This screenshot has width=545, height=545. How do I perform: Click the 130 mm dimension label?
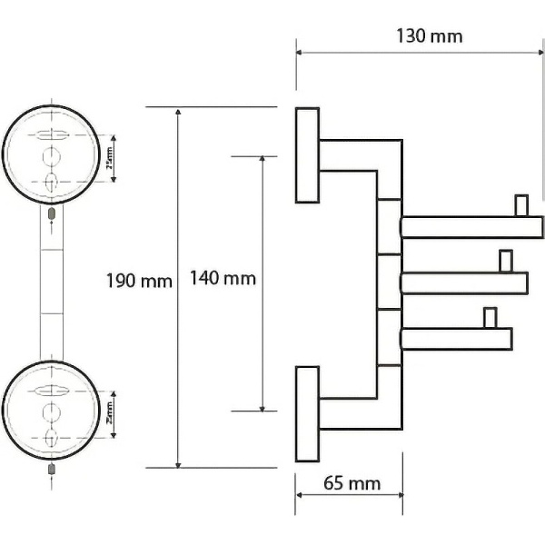(x=430, y=35)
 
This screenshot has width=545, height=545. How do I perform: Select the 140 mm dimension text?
(x=223, y=279)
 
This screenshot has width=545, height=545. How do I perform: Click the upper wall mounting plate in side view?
(x=307, y=155)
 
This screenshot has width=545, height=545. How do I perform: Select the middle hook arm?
(x=463, y=283)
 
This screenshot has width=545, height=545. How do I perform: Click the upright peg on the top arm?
(x=521, y=205)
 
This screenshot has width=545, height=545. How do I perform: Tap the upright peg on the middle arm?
(x=505, y=262)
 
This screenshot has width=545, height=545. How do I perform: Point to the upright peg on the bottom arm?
(x=490, y=318)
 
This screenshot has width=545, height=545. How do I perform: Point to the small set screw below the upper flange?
(x=52, y=214)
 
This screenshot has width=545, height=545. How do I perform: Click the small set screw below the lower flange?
(x=52, y=470)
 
